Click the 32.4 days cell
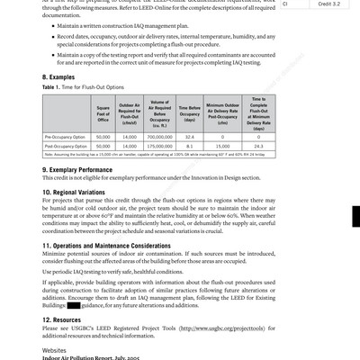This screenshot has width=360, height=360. click(189, 135)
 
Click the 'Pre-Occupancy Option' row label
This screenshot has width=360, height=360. click(65, 135)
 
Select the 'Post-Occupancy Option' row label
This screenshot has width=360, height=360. click(66, 145)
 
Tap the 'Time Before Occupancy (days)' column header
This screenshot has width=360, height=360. click(189, 114)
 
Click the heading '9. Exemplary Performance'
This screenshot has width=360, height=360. click(83, 168)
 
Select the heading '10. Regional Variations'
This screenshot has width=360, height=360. click(80, 192)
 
